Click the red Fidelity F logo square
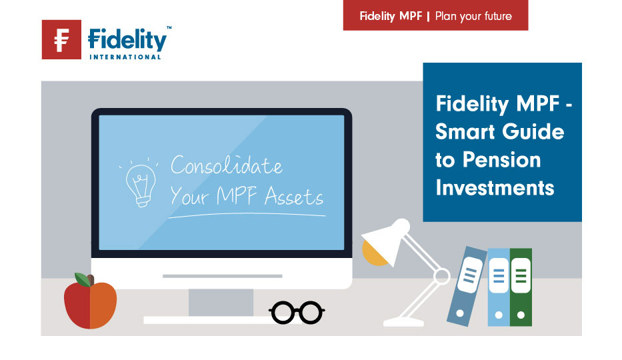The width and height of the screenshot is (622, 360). pyautogui.click(x=61, y=39)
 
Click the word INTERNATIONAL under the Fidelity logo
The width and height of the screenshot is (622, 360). pyautogui.click(x=125, y=57)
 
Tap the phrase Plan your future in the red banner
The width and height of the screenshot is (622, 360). pyautogui.click(x=473, y=16)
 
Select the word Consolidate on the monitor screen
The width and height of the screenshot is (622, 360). pyautogui.click(x=227, y=165)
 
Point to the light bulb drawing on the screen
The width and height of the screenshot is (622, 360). pyautogui.click(x=141, y=184)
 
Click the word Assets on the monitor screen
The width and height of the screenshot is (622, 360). pyautogui.click(x=294, y=196)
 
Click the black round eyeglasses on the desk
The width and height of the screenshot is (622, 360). pyautogui.click(x=297, y=313)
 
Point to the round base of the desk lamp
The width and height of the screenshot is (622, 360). pyautogui.click(x=403, y=322)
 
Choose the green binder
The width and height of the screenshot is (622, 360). pyautogui.click(x=521, y=287)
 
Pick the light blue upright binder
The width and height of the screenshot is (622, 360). pyautogui.click(x=499, y=287)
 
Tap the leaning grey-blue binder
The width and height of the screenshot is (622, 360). pyautogui.click(x=467, y=286)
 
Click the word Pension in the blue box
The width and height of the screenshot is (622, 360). pyautogui.click(x=502, y=160)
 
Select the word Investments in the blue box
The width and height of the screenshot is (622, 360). pyautogui.click(x=495, y=187)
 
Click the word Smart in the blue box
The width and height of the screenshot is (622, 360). pyautogui.click(x=463, y=131)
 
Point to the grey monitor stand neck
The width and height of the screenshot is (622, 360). pyautogui.click(x=221, y=303)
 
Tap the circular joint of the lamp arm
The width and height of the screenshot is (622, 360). pyautogui.click(x=441, y=276)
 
